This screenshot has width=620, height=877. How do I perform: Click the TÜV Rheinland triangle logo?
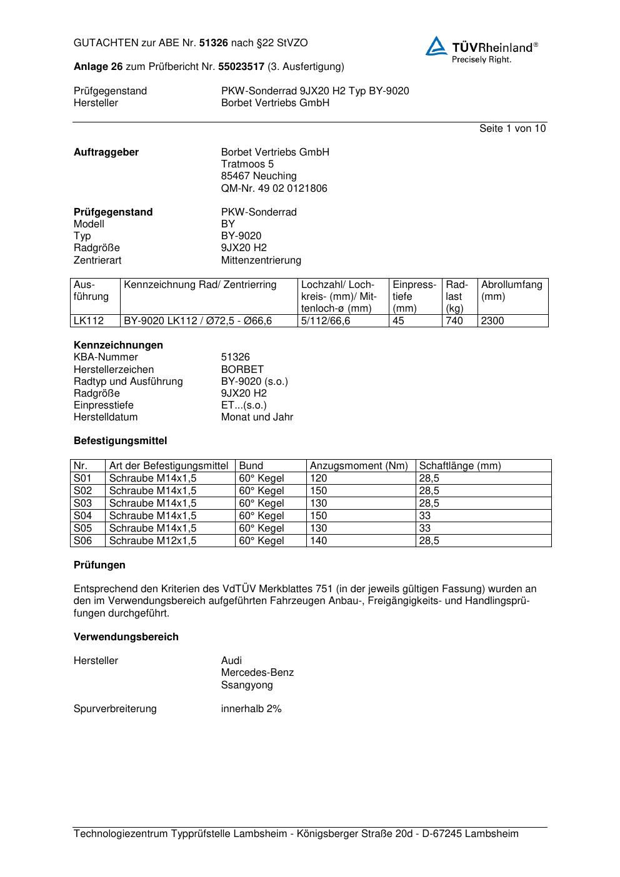coord(436,46)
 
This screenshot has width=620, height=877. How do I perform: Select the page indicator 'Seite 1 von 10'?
coord(512,129)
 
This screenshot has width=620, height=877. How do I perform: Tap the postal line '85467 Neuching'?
coord(259,176)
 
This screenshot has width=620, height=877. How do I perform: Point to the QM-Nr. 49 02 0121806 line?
coord(274,189)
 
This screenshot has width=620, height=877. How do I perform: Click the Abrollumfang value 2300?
coord(492,321)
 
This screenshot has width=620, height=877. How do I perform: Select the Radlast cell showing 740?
coord(454,321)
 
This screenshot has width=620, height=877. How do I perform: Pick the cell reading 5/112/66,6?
coord(326,321)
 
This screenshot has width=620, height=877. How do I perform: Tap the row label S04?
coord(82,516)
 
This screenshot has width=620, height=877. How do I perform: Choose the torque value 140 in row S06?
coord(319,541)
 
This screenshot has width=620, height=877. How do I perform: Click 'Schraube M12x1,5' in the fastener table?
coord(152,541)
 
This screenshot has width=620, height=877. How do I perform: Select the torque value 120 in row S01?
coord(319,478)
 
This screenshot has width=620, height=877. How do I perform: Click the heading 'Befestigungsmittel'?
coord(121,441)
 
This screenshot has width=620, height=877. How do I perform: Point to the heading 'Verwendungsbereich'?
coord(126,637)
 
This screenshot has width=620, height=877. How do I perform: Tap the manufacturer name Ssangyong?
coord(247,685)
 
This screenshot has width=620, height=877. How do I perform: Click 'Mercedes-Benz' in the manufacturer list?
coord(257,673)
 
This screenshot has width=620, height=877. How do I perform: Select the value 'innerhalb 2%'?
coord(251,709)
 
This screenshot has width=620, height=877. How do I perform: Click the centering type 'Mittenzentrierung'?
coord(261,260)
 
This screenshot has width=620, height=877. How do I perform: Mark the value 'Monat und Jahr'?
coord(257,417)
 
